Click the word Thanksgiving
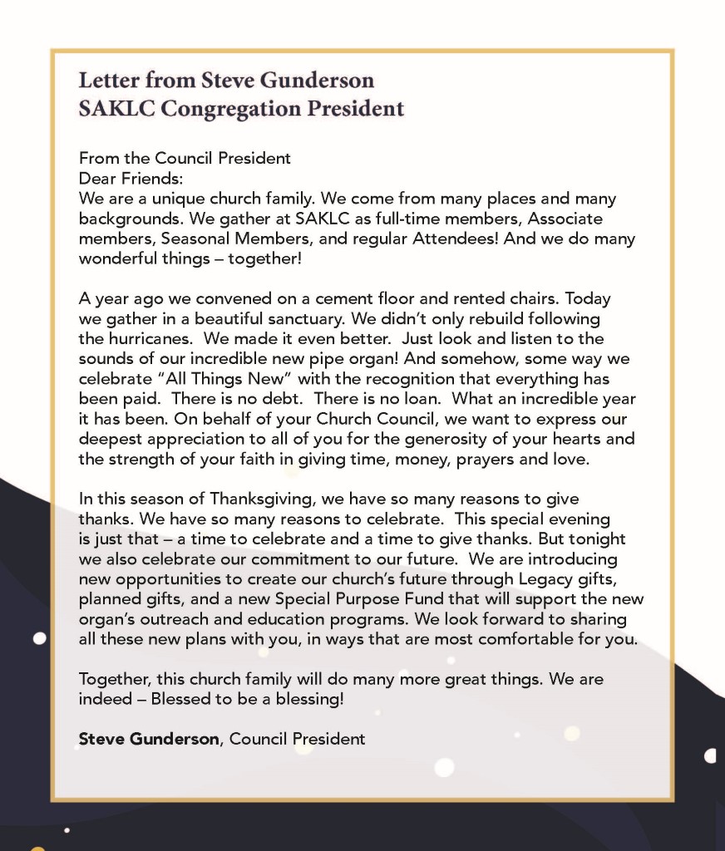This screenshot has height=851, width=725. coord(274,499)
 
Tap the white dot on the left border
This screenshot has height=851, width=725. coord(38,638)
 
